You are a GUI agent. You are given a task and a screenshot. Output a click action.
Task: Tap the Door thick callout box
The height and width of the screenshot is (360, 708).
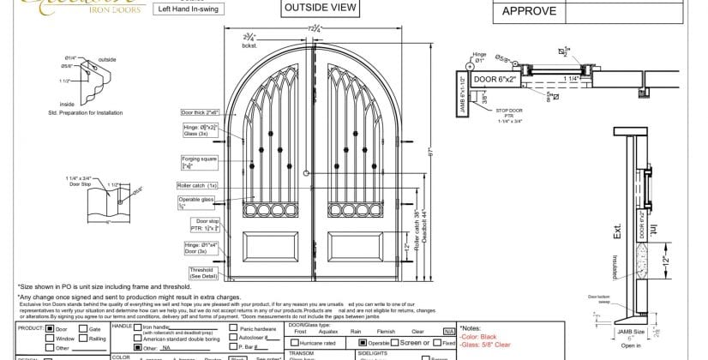click(x=200, y=112)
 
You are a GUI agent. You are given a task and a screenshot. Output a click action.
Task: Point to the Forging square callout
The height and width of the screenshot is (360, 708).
click(x=193, y=163)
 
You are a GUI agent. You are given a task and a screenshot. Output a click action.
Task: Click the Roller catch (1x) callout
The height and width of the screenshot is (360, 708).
click(x=197, y=185)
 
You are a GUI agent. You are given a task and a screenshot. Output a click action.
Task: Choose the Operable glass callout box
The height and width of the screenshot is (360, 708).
click(x=195, y=202)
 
